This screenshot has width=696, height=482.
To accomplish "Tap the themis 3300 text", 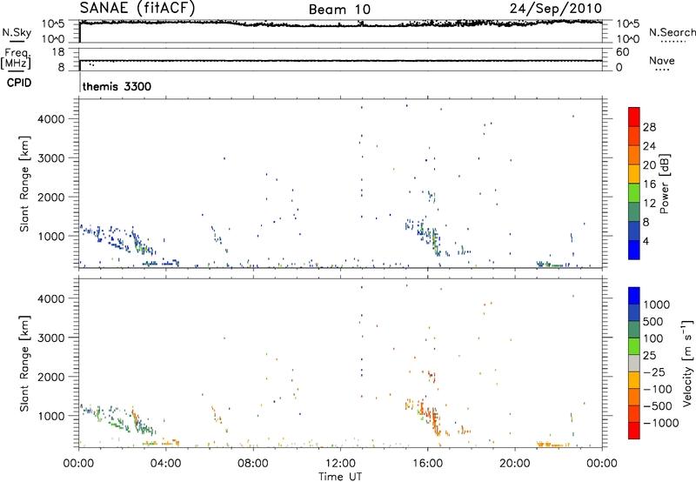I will coord(117,87).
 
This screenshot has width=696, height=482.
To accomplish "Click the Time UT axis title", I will coord(339,475).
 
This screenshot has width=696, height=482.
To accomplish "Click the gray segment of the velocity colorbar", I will coord(633,358).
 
